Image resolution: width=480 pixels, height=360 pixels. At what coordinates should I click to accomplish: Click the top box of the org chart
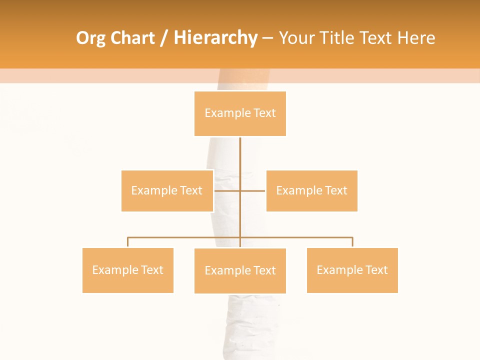240,113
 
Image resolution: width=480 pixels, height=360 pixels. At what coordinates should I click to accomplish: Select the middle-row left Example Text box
167,190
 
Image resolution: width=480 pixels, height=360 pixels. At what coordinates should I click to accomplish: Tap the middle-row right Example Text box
311,190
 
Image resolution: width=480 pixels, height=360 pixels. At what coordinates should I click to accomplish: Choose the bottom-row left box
128,270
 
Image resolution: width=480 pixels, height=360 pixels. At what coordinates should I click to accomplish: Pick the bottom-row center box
240,270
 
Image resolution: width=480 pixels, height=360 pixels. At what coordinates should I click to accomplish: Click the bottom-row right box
352,270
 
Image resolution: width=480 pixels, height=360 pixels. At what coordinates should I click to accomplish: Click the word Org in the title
90,38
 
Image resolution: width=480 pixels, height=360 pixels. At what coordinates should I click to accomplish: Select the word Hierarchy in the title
215,38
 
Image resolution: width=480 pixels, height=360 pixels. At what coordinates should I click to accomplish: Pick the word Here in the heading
416,38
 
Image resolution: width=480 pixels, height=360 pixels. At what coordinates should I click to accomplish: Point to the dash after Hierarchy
267,38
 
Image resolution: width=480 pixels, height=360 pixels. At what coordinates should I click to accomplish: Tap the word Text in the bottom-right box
376,270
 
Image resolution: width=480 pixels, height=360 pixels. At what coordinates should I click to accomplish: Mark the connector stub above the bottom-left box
128,242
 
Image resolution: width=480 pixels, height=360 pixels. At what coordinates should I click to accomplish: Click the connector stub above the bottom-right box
352,242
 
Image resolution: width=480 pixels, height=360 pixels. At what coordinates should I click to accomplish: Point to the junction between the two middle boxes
240,190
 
